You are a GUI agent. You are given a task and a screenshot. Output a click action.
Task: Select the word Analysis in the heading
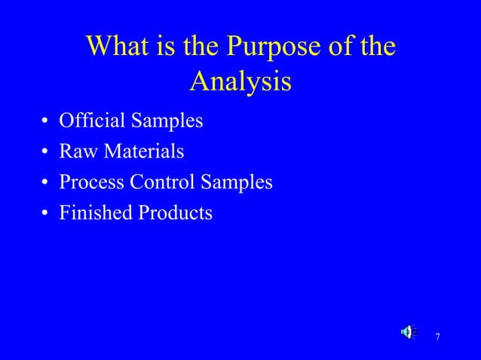pyautogui.click(x=240, y=81)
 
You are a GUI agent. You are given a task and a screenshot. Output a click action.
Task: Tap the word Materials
pyautogui.click(x=144, y=151)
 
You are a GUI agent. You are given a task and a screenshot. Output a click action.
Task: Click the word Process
pyautogui.click(x=88, y=182)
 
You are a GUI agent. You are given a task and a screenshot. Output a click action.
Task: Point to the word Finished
pyautogui.click(x=94, y=213)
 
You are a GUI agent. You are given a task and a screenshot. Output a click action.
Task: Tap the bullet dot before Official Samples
pyautogui.click(x=46, y=122)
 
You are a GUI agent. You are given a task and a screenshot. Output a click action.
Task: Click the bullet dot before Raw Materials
pyautogui.click(x=46, y=153)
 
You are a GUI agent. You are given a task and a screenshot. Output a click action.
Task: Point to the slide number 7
pyautogui.click(x=438, y=336)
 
